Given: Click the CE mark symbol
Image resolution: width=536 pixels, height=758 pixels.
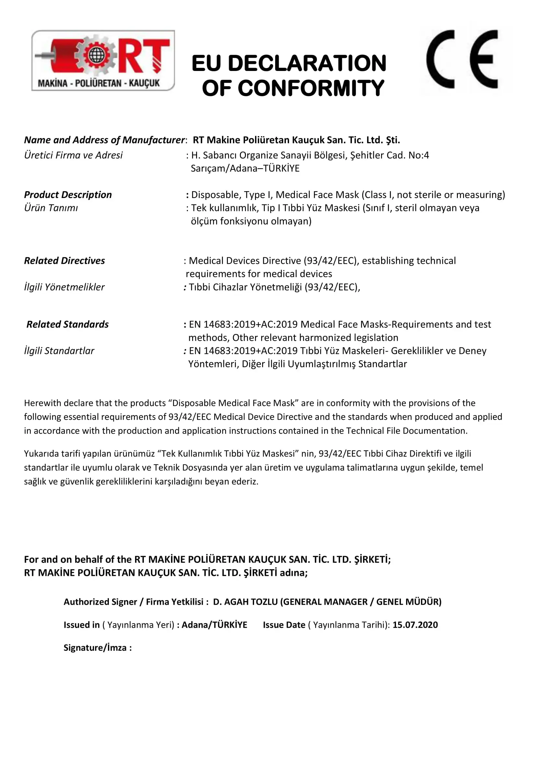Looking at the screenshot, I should pos(462,59).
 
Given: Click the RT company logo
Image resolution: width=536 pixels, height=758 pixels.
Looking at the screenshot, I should pos(103,60).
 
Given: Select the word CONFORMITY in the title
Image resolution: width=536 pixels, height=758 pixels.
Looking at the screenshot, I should pos(310,88).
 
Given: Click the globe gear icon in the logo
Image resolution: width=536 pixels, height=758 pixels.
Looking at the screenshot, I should pos(96,55).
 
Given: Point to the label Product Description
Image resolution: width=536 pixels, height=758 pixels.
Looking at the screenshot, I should pos(68,195).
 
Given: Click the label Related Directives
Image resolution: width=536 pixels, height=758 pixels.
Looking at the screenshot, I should pos(64,261).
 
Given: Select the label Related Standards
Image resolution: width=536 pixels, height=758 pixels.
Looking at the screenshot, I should pos(68,324).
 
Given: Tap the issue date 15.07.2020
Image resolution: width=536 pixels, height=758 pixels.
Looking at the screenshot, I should pos(415,625).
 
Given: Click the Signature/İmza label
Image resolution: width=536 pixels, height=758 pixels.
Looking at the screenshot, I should pos(97,648).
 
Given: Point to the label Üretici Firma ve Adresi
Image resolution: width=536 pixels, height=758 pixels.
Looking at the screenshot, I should pos(73,155).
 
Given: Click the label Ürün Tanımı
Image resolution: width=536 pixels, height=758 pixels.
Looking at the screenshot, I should pos(51,208).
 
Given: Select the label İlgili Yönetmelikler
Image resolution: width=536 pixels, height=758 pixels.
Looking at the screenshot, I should pos(64,287).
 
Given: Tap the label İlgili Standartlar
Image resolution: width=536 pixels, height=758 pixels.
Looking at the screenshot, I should pos(59,351).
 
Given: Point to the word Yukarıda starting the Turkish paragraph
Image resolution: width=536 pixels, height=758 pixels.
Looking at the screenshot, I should pos(41,454).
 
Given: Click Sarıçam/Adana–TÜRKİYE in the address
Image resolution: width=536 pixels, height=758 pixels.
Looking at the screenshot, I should pos(245,169).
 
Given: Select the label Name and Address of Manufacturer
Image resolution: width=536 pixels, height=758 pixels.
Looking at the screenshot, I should pos(104,140).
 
